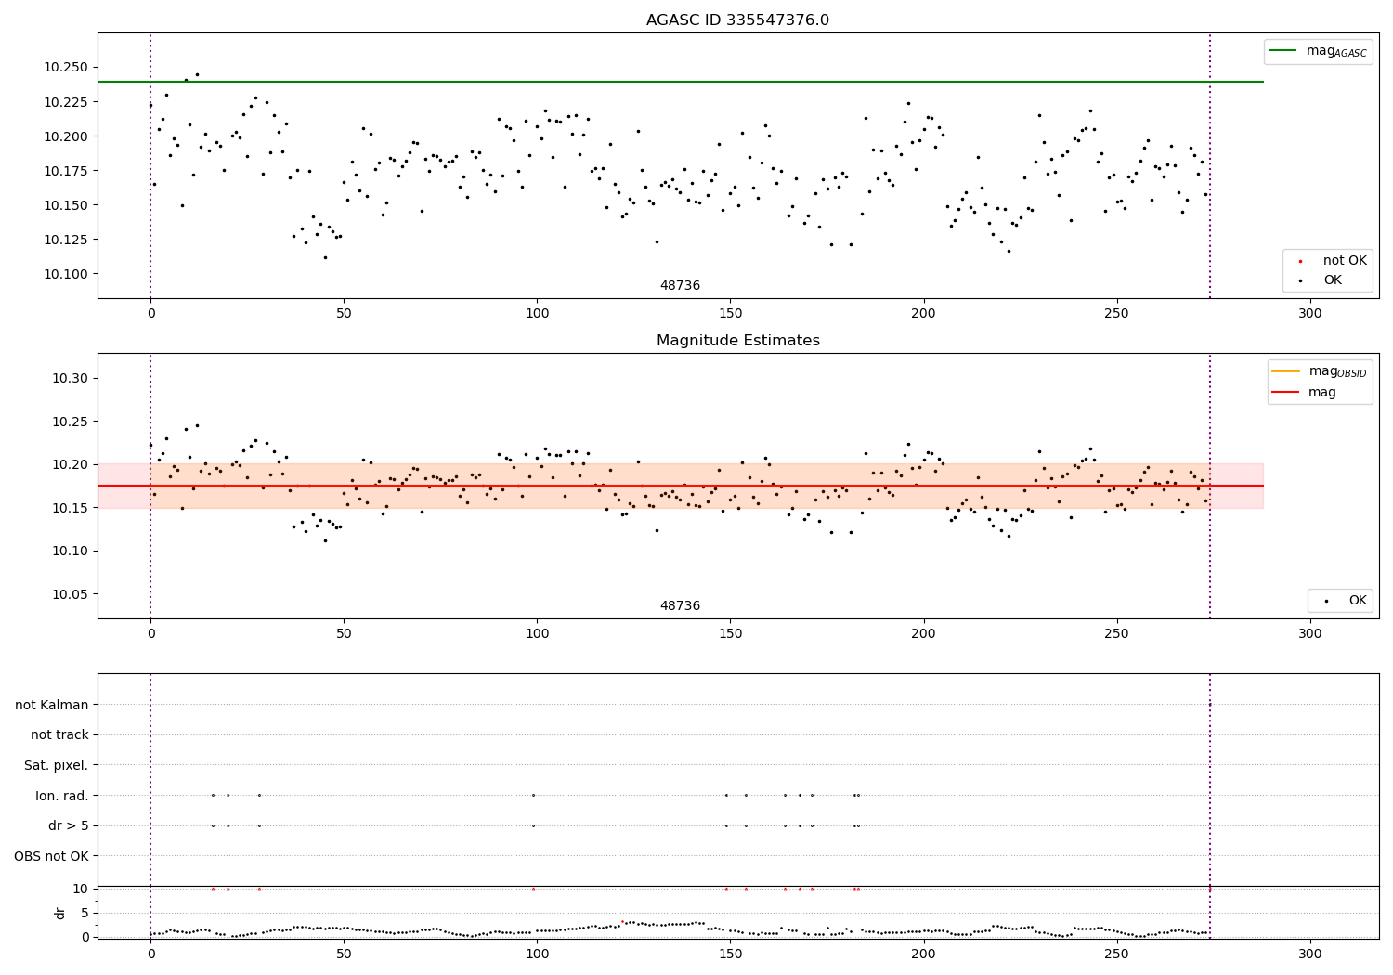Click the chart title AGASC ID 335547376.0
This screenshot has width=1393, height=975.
737,20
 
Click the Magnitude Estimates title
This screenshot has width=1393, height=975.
737,341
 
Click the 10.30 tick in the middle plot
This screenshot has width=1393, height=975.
70,378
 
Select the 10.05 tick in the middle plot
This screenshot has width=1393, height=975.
70,594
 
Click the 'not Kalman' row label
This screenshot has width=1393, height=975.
52,705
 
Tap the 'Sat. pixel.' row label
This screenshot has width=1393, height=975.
57,765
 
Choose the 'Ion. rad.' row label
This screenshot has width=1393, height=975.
62,796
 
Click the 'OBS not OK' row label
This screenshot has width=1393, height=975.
52,856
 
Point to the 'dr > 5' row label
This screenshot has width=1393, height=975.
69,825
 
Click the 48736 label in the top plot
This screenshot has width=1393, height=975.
680,286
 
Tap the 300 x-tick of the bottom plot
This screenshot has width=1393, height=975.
1309,954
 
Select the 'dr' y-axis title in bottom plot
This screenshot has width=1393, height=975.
60,913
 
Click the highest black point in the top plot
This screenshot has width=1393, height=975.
197,74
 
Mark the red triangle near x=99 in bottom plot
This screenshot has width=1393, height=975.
533,889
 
